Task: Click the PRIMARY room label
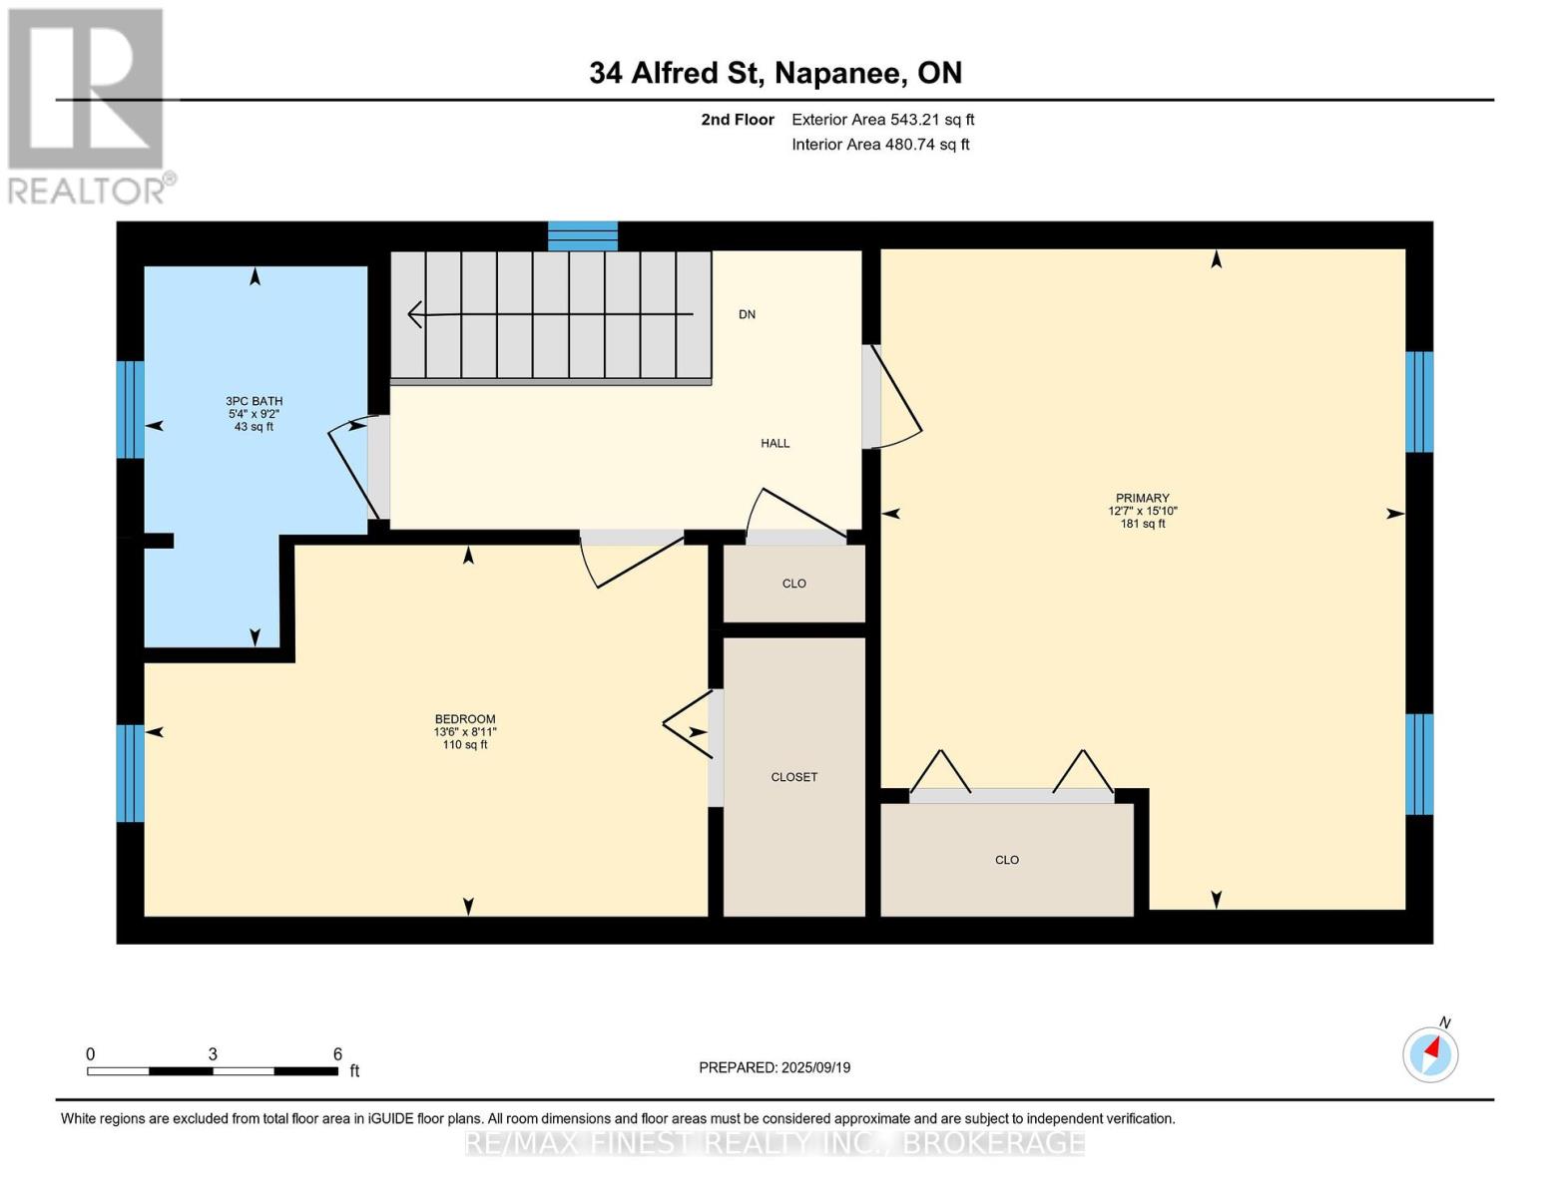pyautogui.click(x=1142, y=498)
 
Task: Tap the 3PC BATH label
pyautogui.click(x=254, y=401)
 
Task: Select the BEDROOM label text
pyautogui.click(x=465, y=718)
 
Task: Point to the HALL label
pyautogui.click(x=775, y=444)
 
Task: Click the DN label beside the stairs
pyautogui.click(x=747, y=314)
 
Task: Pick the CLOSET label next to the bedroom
pyautogui.click(x=793, y=777)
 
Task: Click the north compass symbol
pyautogui.click(x=1430, y=1054)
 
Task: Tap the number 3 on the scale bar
pyautogui.click(x=213, y=1053)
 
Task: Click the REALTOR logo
pyautogui.click(x=89, y=107)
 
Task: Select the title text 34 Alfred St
pyautogui.click(x=676, y=73)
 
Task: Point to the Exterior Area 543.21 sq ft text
pyautogui.click(x=883, y=120)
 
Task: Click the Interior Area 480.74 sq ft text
pyautogui.click(x=881, y=145)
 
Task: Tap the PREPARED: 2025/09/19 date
pyautogui.click(x=775, y=1067)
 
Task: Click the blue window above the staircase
pyautogui.click(x=582, y=236)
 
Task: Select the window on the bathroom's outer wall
pyautogui.click(x=131, y=409)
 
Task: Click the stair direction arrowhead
pyautogui.click(x=415, y=314)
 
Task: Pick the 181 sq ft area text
pyautogui.click(x=1143, y=524)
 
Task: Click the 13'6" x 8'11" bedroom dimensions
pyautogui.click(x=465, y=731)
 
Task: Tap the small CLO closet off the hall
pyautogui.click(x=793, y=584)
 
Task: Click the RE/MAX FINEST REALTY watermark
pyautogui.click(x=775, y=1143)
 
